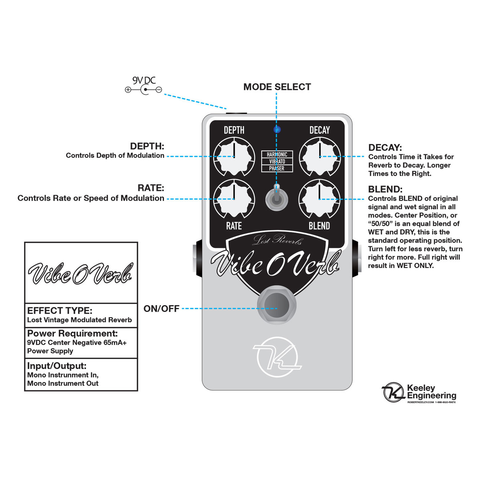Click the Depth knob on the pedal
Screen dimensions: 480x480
pos(234,156)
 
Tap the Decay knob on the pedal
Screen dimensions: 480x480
pos(320,156)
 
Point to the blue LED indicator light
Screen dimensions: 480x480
pos(277,129)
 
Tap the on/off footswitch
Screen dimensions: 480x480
pos(277,306)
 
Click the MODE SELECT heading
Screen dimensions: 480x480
pos(277,87)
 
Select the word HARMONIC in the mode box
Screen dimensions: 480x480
pos(277,154)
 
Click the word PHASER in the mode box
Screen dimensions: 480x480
pos(277,168)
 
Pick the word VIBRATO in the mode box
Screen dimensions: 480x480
pos(277,162)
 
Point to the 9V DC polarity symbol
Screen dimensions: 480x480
pos(144,90)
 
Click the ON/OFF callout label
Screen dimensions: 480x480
pos(161,309)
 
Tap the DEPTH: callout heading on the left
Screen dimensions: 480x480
pos(147,146)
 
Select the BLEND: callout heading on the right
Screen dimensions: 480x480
pos(385,189)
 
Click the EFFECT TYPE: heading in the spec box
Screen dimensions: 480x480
pos(60,310)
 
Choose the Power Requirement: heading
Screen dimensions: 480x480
pos(72,334)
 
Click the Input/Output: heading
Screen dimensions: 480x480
pos(57,366)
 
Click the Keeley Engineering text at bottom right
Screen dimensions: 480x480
pos(431,392)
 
